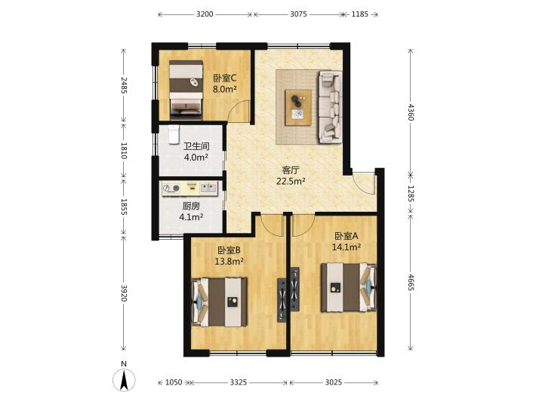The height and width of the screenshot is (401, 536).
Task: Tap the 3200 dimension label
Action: pyautogui.click(x=205, y=14)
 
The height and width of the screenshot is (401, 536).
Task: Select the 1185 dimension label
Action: pyautogui.click(x=360, y=14)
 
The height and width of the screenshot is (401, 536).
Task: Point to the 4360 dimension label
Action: pyautogui.click(x=411, y=112)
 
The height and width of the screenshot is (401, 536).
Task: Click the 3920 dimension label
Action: pyautogui.click(x=124, y=292)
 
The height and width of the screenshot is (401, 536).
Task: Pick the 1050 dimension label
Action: pyautogui.click(x=174, y=382)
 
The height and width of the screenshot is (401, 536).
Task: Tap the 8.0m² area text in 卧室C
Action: pyautogui.click(x=225, y=90)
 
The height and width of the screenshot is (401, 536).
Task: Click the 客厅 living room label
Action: pyautogui.click(x=291, y=170)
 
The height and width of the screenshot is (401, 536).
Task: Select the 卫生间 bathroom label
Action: pyautogui.click(x=196, y=146)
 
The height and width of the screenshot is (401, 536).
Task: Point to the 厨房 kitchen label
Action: pyautogui.click(x=191, y=206)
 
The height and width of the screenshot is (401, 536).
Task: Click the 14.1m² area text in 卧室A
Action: pyautogui.click(x=347, y=246)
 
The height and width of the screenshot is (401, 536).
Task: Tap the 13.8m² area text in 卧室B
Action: pyautogui.click(x=229, y=262)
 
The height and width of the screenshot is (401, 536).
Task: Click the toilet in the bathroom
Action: pyautogui.click(x=174, y=134)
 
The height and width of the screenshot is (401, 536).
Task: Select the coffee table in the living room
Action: pyautogui.click(x=298, y=108)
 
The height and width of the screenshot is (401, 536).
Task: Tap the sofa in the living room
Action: pyautogui.click(x=330, y=106)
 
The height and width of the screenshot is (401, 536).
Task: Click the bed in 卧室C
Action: pyautogui.click(x=186, y=90)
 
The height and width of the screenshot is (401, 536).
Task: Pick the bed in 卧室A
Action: pyautogui.click(x=349, y=287)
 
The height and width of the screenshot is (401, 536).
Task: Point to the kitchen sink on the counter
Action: pyautogui.click(x=208, y=188)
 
